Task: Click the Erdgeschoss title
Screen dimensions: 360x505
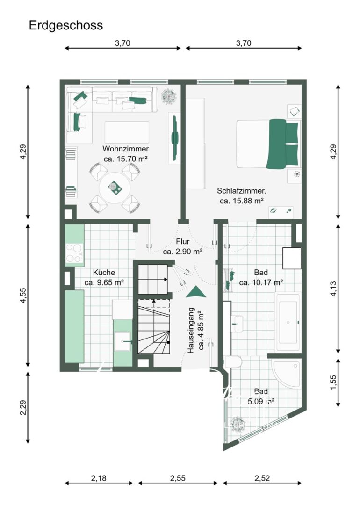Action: (x=66, y=25)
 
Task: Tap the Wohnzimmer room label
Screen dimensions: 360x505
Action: (x=126, y=149)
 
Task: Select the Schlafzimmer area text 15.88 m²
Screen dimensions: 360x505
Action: (x=242, y=201)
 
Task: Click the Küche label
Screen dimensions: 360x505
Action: (x=104, y=273)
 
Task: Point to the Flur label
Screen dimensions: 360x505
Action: (x=183, y=242)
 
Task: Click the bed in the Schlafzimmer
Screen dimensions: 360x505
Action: (x=268, y=144)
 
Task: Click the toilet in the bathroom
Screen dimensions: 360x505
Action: (x=233, y=361)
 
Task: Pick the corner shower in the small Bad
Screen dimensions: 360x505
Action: (x=286, y=374)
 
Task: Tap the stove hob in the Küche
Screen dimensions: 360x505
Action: (x=74, y=253)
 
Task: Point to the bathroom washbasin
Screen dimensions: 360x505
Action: (x=238, y=324)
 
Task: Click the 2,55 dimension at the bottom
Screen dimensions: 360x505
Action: (x=178, y=478)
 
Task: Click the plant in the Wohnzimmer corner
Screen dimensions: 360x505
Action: (x=168, y=96)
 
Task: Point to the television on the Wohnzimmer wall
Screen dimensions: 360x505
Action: (x=174, y=138)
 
